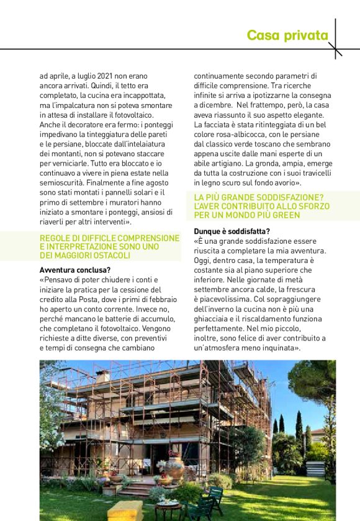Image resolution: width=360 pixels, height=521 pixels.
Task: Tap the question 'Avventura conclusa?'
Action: [x=74, y=270]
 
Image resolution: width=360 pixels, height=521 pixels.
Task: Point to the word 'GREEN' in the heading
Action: [x=285, y=215]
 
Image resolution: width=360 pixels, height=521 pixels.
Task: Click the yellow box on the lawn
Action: [x=125, y=510]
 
